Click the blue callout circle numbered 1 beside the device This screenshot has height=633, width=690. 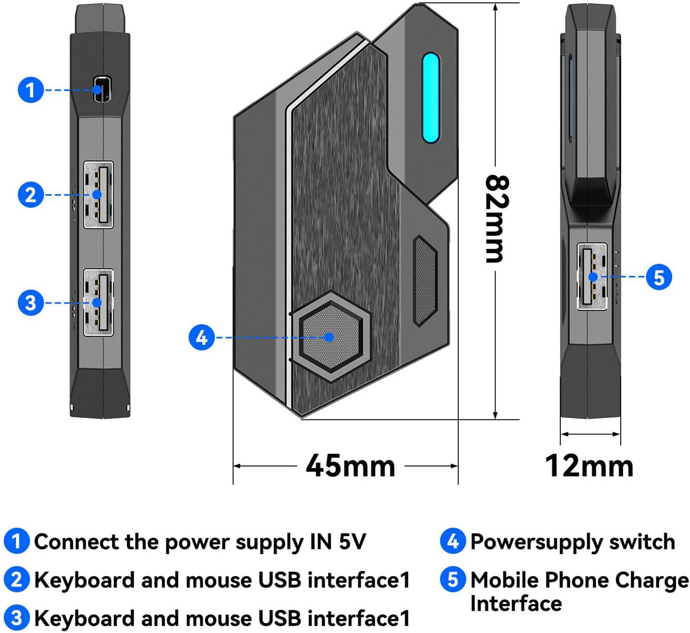[x=30, y=90]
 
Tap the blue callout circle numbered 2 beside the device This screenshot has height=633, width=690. [x=30, y=195]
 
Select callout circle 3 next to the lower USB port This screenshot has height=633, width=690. [x=30, y=302]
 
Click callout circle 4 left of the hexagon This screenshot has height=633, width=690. [x=202, y=338]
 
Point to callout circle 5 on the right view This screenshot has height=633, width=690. [x=659, y=277]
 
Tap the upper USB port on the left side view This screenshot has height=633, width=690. [x=99, y=195]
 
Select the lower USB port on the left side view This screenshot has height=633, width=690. [x=99, y=302]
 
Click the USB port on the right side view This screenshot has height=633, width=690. [x=592, y=277]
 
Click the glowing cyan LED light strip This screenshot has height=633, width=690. [x=430, y=98]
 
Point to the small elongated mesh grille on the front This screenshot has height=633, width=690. [x=425, y=281]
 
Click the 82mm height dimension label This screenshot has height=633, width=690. [x=496, y=218]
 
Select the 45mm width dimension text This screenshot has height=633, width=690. [x=350, y=466]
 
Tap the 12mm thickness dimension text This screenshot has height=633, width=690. [x=589, y=466]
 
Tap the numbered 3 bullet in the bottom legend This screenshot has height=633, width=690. [x=16, y=618]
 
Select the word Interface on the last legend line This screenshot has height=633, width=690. [x=516, y=604]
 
